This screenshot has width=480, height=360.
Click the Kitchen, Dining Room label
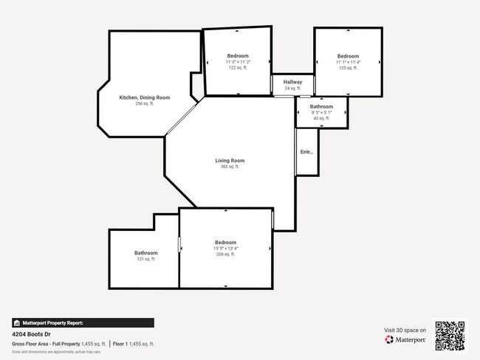coord(145,97)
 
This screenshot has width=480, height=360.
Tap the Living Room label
coord(230,160)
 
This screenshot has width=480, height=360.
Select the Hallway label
coord(292,82)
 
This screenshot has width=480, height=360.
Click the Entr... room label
coord(306,152)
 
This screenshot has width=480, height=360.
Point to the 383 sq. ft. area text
coord(230,167)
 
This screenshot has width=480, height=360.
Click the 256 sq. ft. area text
coord(145,104)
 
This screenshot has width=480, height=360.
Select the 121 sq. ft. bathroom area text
coord(145,260)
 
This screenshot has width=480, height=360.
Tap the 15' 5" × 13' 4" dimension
coord(225,249)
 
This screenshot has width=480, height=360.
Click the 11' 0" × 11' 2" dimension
coord(237,62)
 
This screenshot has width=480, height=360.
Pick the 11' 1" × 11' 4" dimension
coord(348,63)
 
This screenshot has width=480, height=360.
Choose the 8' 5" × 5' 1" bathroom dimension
coord(321,112)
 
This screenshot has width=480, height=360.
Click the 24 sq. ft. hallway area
coord(292,89)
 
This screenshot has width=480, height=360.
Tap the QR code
coord(450,335)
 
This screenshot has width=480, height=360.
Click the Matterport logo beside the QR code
coord(405,340)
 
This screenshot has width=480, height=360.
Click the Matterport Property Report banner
coord(83,323)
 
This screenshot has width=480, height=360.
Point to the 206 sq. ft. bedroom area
coord(225,255)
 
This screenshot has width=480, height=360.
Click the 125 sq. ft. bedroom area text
coord(348,69)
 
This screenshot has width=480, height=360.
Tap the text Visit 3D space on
coord(405,330)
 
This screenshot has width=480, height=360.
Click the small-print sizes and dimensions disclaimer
coord(56,352)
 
